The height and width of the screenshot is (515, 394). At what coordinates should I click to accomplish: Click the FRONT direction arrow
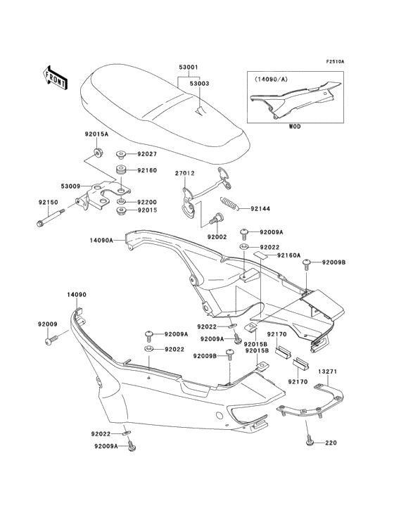pos(55,75)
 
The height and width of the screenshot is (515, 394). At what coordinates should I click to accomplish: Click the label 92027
pos(146,153)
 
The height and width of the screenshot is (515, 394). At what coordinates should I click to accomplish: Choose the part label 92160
pos(146,171)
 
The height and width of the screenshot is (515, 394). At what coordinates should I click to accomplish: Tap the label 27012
pos(185,173)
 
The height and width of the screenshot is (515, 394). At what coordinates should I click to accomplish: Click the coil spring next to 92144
pos(229,205)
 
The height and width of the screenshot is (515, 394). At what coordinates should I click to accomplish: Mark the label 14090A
pos(101,241)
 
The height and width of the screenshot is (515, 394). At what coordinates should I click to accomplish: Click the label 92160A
pos(288,255)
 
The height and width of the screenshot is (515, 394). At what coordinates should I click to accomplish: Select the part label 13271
pos(326,371)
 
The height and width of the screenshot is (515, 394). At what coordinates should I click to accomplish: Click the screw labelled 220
pos(309,442)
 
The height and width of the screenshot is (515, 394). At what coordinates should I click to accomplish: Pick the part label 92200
pos(146,201)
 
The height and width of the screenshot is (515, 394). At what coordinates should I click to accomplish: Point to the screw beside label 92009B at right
pos(307,263)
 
